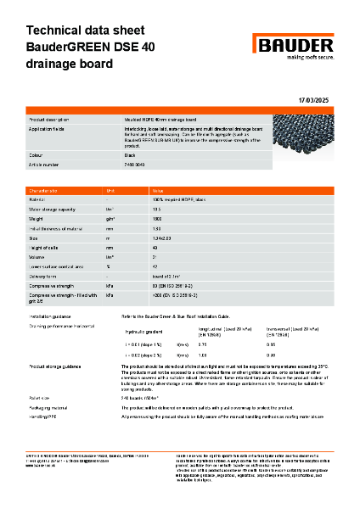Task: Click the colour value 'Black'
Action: [x=131, y=154]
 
